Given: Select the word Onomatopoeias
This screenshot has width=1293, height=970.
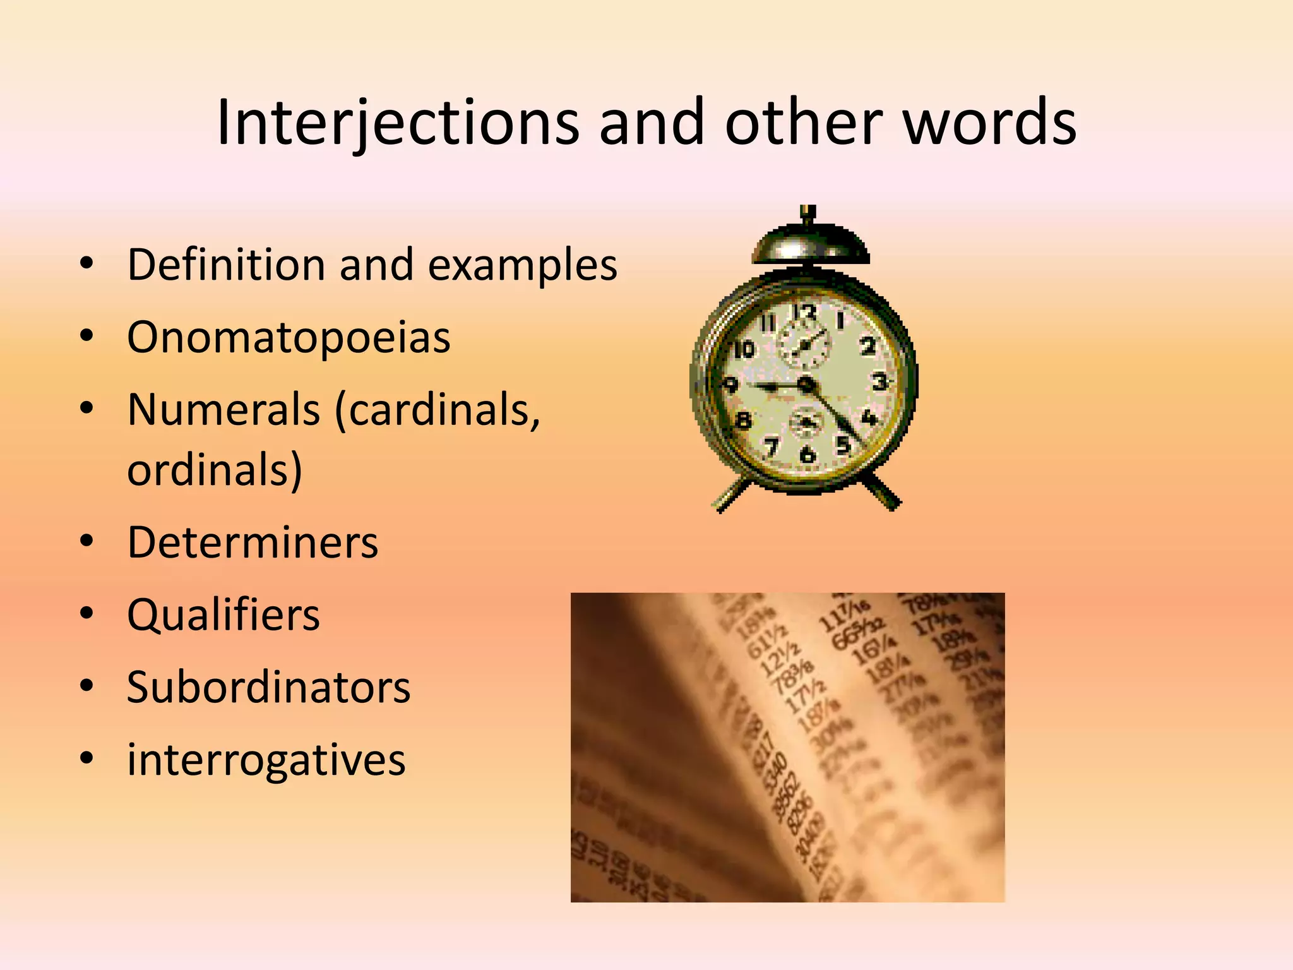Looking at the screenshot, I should click(x=289, y=337).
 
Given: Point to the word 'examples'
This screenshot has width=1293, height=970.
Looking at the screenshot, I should click(x=522, y=266).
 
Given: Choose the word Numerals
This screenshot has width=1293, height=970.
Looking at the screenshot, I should click(x=223, y=410).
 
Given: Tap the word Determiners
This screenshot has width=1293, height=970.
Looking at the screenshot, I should click(x=253, y=542).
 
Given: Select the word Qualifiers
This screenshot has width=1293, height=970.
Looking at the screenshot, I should click(x=223, y=615).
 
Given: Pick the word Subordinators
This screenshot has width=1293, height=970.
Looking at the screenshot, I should click(x=268, y=687).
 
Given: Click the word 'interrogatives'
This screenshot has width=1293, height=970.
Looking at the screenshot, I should click(x=266, y=760).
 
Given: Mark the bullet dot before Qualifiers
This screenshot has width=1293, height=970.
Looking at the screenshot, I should click(x=87, y=614).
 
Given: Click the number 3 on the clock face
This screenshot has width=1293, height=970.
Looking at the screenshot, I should click(x=879, y=381).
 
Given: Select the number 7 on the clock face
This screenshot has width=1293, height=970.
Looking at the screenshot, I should click(x=770, y=447).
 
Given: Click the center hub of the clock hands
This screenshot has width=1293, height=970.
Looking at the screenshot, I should click(x=806, y=383).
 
